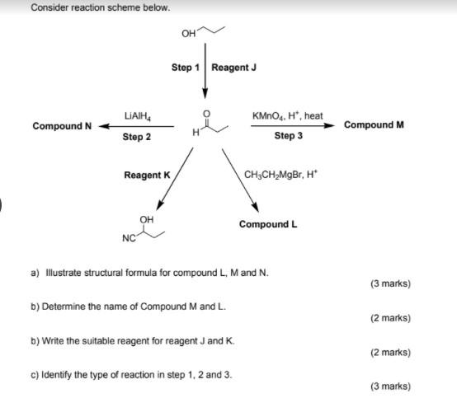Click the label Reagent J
[234, 68]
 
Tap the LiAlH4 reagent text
[136, 115]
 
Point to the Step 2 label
[136, 137]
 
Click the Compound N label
[62, 126]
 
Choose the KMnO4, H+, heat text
[288, 115]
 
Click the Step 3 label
[288, 137]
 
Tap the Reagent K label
[147, 175]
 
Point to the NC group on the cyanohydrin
[128, 239]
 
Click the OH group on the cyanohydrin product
[147, 219]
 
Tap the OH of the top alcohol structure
[188, 34]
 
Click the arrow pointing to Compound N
[136, 127]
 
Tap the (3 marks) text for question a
[390, 283]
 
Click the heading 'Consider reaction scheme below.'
[89, 7]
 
